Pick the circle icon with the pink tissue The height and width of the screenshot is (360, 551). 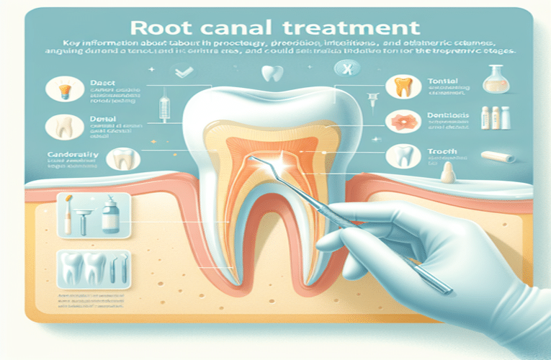pyautogui.click(x=398, y=122)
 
